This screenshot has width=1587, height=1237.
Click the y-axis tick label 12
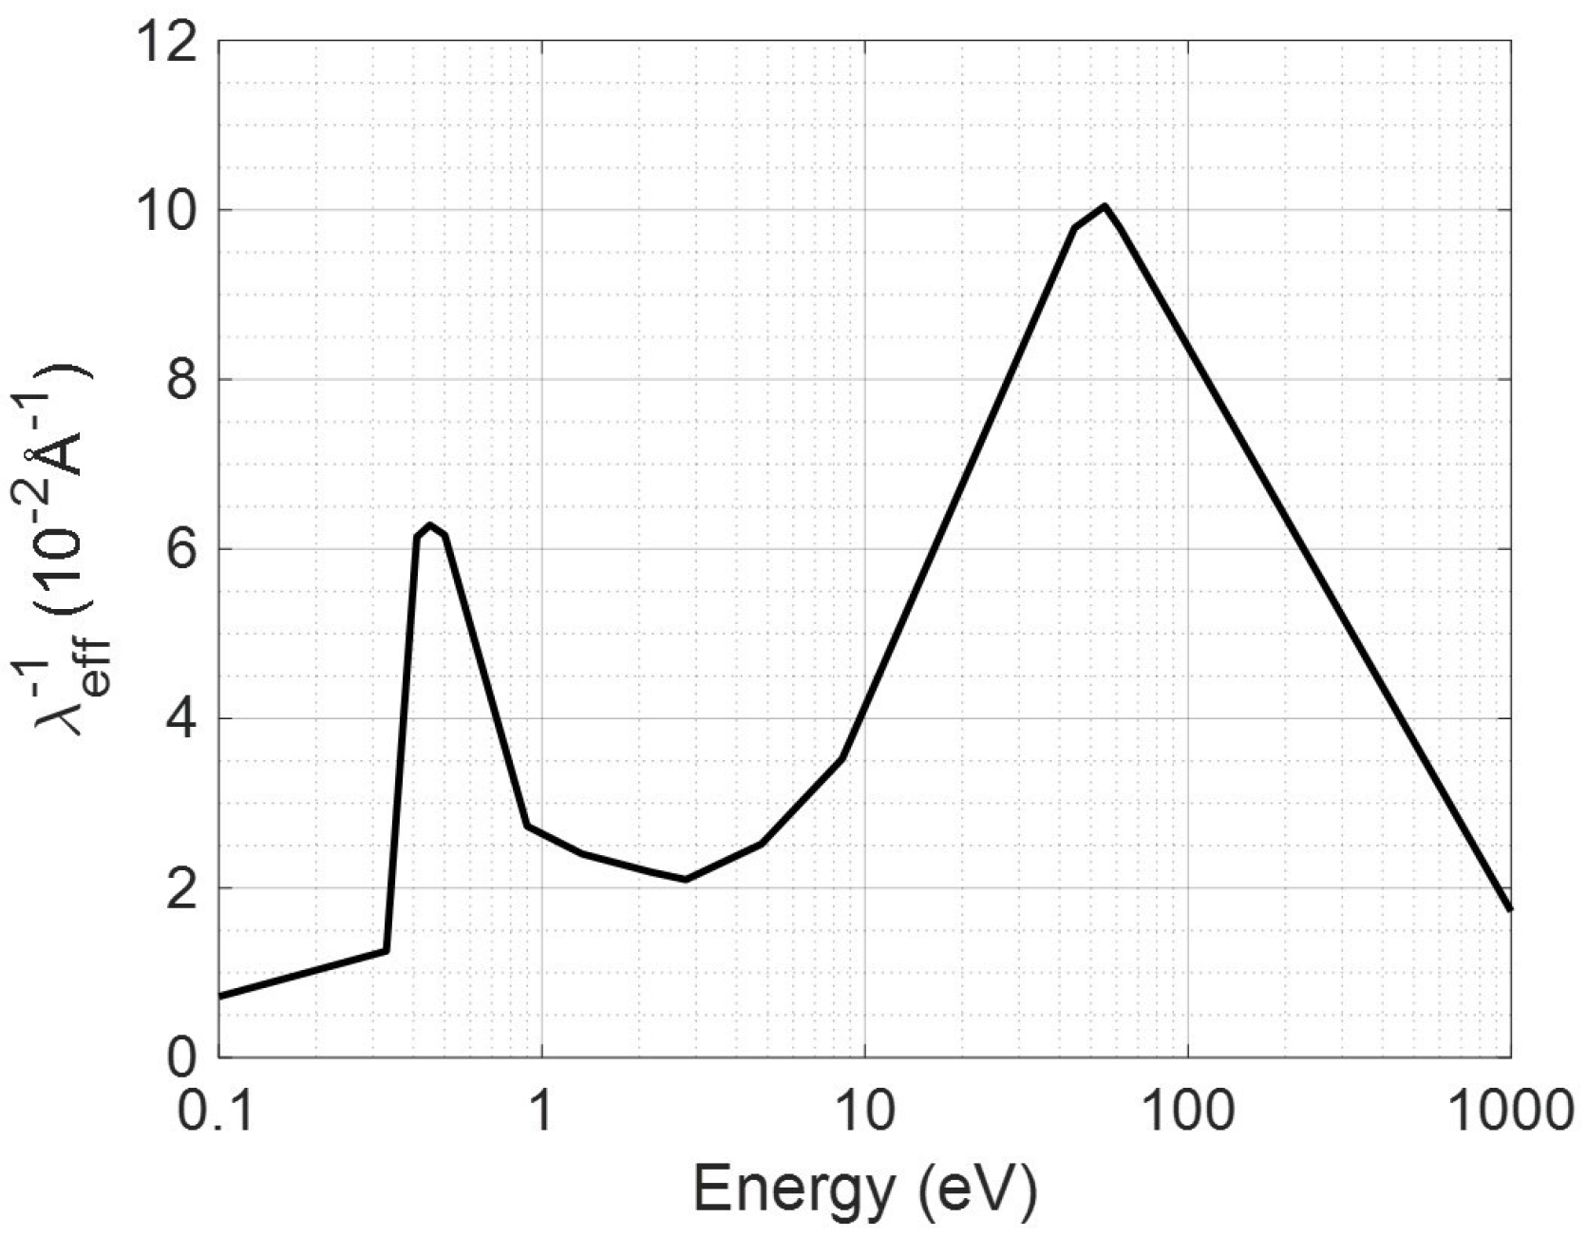(x=172, y=42)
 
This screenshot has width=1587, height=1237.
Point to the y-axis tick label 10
(x=172, y=210)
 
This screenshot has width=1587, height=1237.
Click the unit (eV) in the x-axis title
(x=978, y=1189)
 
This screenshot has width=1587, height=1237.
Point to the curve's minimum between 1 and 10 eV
(x=686, y=879)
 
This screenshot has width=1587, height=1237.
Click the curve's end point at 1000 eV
(x=1510, y=909)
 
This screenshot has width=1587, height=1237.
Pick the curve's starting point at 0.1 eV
(x=221, y=996)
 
